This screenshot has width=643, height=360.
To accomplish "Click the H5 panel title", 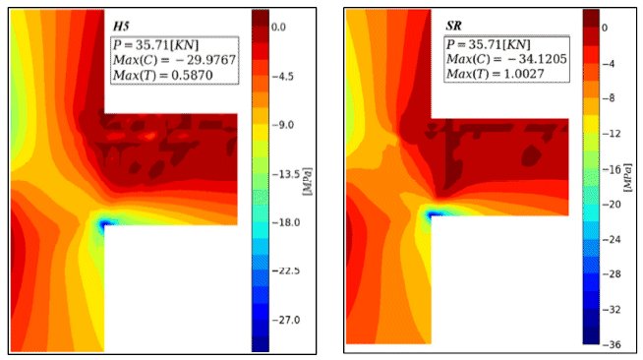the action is click(121, 27).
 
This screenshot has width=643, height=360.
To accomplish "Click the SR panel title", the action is click(454, 26).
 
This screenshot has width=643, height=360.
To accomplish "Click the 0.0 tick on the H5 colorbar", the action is click(278, 28).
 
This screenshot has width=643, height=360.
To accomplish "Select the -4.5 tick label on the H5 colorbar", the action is click(282, 77).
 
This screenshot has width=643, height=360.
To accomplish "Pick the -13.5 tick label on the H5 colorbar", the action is click(285, 175).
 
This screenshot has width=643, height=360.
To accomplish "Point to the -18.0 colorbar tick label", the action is click(285, 222).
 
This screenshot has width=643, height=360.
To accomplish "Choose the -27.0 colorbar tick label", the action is click(285, 320).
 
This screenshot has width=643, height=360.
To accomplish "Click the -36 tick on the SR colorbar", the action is click(611, 344).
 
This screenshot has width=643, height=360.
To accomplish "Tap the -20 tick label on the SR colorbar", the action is click(611, 205).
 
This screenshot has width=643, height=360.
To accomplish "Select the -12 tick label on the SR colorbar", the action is click(611, 134).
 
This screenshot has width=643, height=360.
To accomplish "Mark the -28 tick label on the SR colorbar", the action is click(611, 273).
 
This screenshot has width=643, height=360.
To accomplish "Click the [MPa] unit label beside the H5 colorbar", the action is click(308, 181).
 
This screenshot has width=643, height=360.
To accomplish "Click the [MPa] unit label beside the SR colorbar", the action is click(628, 177).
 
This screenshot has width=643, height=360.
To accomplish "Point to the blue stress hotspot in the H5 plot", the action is click(104, 224).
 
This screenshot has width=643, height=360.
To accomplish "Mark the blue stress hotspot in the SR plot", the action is click(434, 214).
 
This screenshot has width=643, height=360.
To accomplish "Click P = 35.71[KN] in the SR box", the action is click(489, 44).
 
